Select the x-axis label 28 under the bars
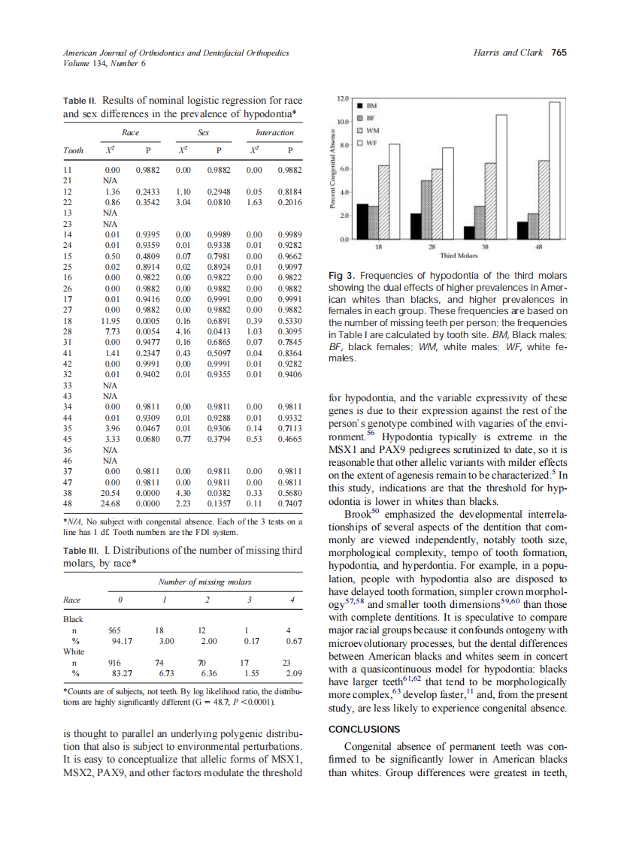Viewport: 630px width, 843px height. click(432, 247)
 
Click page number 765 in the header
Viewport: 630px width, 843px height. click(559, 53)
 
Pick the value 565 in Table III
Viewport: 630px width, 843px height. click(115, 632)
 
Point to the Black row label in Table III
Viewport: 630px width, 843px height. click(73, 619)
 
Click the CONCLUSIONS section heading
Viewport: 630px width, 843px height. click(366, 729)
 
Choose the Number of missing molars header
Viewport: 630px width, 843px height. click(204, 582)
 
